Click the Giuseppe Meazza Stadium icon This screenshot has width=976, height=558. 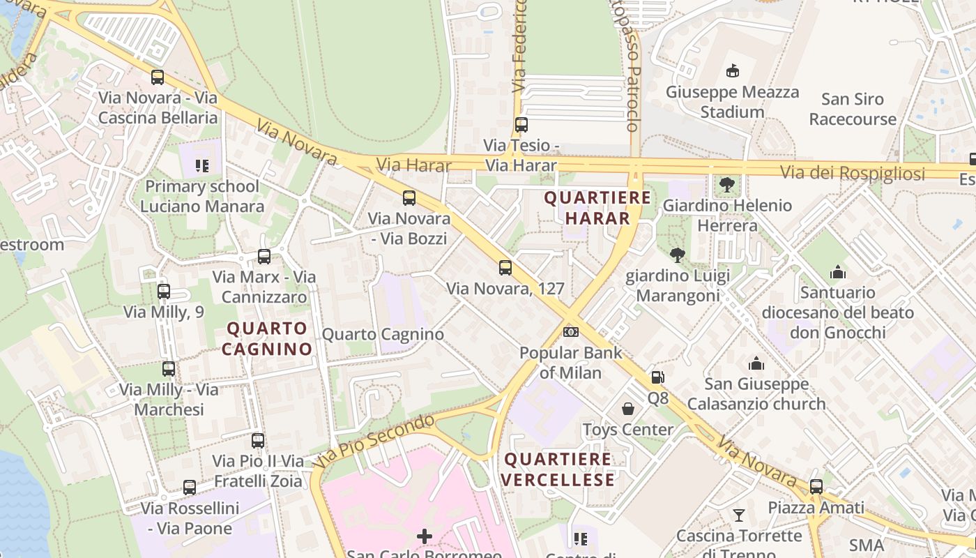click(x=732, y=70)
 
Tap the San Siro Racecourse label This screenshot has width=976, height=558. click(x=852, y=110)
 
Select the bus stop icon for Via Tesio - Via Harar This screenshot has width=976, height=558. click(x=521, y=125)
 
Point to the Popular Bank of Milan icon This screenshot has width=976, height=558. click(x=571, y=331)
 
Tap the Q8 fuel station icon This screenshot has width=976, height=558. click(x=657, y=377)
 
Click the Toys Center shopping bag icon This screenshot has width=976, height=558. click(x=628, y=409)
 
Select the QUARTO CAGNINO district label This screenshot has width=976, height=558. click(x=267, y=338)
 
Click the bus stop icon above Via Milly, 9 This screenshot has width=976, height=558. click(x=164, y=291)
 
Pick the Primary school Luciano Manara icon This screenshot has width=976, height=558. click(x=202, y=165)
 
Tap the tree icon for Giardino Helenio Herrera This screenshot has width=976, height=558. click(x=727, y=185)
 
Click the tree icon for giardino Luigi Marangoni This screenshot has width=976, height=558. click(x=677, y=255)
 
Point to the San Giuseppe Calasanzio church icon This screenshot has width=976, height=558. click(x=756, y=363)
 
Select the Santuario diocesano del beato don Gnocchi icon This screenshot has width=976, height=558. click(x=837, y=272)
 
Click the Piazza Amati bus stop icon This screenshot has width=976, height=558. click(x=816, y=486)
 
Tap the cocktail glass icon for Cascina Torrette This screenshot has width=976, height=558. click(x=739, y=515)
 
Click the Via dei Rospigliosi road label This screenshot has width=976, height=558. click(x=852, y=173)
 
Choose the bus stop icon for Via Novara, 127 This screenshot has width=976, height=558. click(x=505, y=268)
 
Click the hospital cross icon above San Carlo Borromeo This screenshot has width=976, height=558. click(x=424, y=536)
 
